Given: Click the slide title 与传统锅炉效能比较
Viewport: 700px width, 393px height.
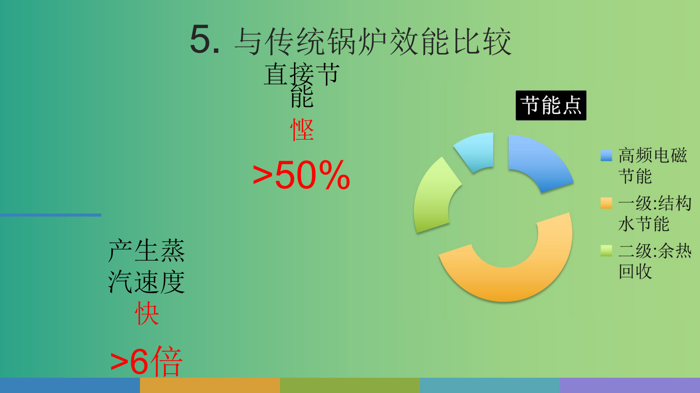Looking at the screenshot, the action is tap(373, 41).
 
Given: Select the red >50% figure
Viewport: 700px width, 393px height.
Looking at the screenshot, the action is tap(301, 175).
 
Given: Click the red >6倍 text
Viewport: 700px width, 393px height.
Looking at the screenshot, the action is tap(146, 361).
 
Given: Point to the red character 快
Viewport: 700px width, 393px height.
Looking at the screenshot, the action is tap(147, 313).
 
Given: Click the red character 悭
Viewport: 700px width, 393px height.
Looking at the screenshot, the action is tap(302, 129).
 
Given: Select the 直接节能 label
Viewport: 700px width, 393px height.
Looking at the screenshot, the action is tap(302, 84).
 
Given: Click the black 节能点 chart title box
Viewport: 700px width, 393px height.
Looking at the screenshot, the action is tap(551, 105).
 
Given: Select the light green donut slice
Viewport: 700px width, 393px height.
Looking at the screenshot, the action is tap(433, 200).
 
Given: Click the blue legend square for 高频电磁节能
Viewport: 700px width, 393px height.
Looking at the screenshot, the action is tap(606, 155).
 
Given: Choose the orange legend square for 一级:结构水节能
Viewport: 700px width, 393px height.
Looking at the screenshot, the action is tap(606, 203).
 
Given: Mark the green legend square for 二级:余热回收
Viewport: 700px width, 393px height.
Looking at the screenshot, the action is tap(606, 251).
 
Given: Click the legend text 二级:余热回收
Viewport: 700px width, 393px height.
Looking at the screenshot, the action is tap(654, 261).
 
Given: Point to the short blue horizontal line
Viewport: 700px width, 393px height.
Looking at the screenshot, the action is tap(51, 215).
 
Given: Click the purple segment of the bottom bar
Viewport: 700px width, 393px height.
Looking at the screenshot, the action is tap(630, 386).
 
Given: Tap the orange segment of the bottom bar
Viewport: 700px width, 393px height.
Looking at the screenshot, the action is tap(210, 386).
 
